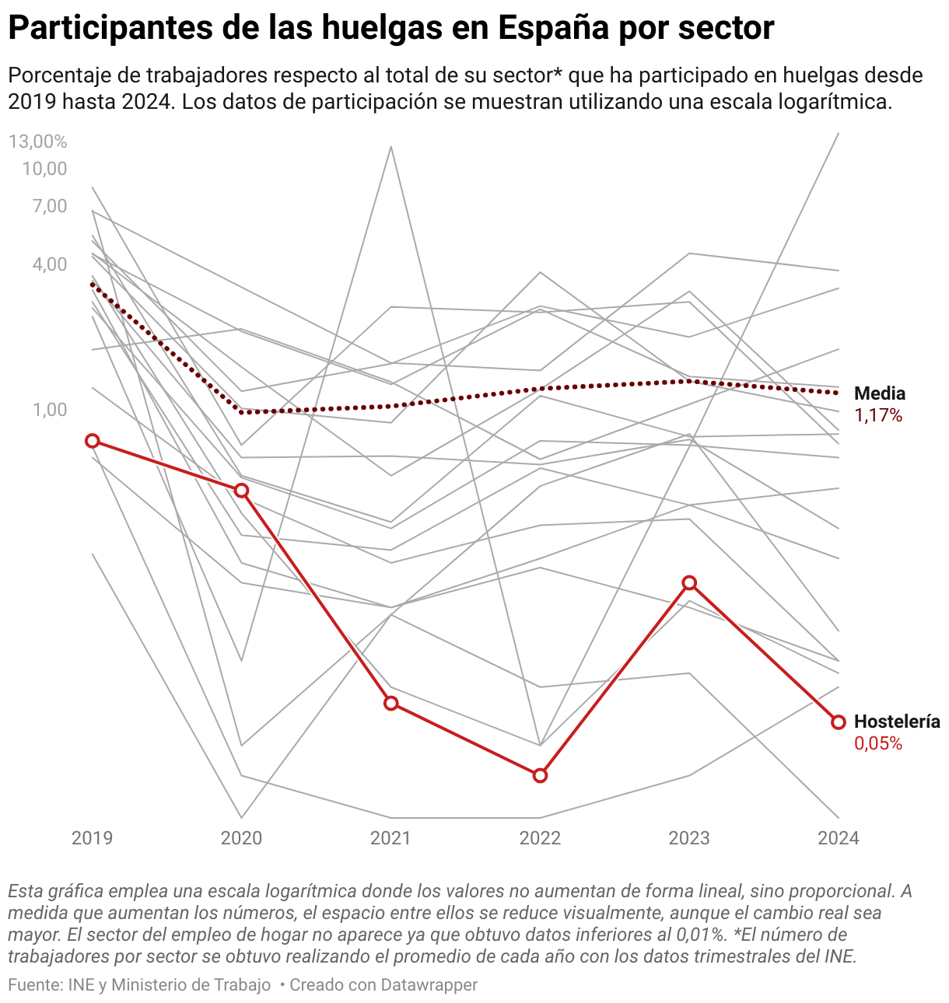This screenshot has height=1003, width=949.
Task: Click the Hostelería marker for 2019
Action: click(x=93, y=441)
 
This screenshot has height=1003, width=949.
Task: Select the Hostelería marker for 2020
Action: click(x=242, y=490)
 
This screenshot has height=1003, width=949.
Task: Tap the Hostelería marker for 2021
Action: click(x=391, y=703)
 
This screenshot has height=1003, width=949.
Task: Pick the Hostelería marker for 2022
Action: click(x=541, y=775)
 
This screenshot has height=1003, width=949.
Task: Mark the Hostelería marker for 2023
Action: click(x=689, y=583)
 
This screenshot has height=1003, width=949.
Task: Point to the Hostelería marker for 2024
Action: click(x=839, y=722)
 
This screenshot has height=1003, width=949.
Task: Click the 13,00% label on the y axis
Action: click(x=38, y=142)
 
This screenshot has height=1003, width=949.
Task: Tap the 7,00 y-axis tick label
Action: click(x=49, y=206)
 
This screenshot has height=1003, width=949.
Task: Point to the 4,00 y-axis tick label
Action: click(x=49, y=264)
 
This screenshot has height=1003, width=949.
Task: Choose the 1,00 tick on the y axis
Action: click(x=49, y=410)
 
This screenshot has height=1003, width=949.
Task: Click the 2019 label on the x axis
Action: click(x=93, y=837)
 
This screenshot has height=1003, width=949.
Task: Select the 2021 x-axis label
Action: click(x=391, y=837)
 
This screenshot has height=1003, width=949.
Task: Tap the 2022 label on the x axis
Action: click(x=541, y=837)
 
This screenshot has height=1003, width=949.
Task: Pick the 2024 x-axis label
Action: click(x=839, y=837)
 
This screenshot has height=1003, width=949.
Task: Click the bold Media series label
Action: click(x=880, y=393)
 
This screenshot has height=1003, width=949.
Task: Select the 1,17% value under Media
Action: click(x=878, y=416)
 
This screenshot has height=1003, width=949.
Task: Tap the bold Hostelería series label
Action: click(x=897, y=722)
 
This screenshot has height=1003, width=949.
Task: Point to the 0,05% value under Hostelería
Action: click(x=878, y=744)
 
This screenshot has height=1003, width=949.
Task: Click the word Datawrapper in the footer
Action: click(x=429, y=985)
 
